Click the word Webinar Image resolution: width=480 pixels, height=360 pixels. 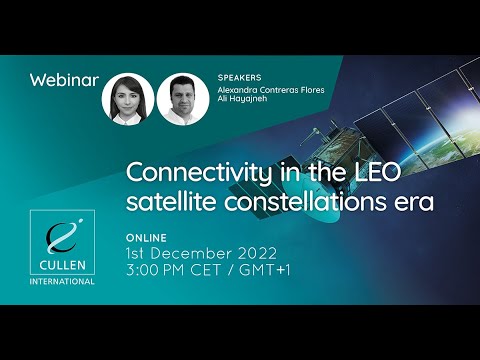pos(65,80)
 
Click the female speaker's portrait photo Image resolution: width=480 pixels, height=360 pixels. pos(128,99)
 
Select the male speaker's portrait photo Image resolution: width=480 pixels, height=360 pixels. pos(182,99)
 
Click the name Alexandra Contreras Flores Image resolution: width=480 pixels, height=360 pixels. pos(270,88)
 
